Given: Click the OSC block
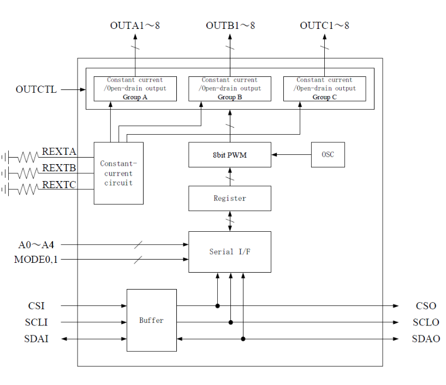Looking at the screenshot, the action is point(328,154).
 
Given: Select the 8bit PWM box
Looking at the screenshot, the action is point(230,154).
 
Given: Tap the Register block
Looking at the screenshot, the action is point(230,198).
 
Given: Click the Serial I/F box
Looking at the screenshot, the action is point(230,252).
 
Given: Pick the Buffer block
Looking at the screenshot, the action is point(152,320).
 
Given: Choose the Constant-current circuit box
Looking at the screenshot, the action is point(118,173).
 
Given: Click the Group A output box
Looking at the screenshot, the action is point(135,89).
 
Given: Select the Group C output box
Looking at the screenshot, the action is point(325,89).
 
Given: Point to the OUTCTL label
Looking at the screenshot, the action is point(36,89).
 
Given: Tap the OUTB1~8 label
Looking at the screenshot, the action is point(230,26).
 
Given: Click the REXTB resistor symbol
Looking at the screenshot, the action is point(28,173).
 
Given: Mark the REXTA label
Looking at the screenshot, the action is point(59,152).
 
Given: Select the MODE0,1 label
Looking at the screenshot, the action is point(36,260).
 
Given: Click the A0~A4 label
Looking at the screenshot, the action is point(36,245).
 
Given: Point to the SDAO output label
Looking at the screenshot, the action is point(426,339).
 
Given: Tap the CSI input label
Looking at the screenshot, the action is point(37,306).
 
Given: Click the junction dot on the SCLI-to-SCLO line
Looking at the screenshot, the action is point(231,322).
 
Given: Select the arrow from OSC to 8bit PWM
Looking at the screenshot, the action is point(292,154).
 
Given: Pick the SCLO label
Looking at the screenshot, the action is point(426,322).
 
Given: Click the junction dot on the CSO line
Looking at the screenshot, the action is point(218,306).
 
